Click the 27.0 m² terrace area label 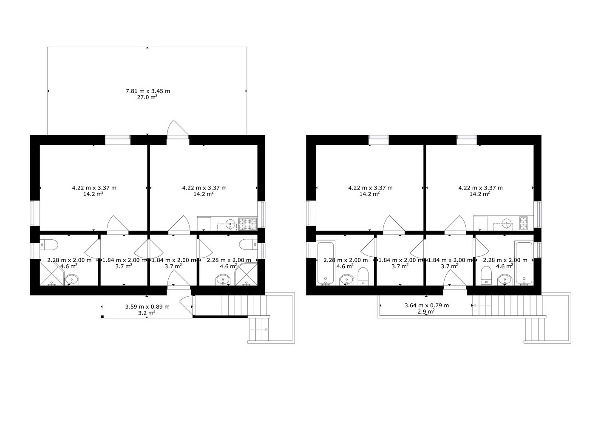coord(147,97)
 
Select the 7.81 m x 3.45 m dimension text coord(148,91)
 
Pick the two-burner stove coord(523,223)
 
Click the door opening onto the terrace coord(178,129)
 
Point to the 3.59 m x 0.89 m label coord(147,307)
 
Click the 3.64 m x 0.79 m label coord(427,305)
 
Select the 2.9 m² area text coord(426,312)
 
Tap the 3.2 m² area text coord(147,313)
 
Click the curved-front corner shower coord(246,274)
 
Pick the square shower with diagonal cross coord(51,274)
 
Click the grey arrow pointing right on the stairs coord(259,329)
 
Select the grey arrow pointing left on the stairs coord(482,306)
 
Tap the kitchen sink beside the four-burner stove coord(230,224)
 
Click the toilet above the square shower coord(49,245)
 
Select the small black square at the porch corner coord(102,317)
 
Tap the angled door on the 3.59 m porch coord(186,305)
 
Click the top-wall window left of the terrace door coord(117,137)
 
